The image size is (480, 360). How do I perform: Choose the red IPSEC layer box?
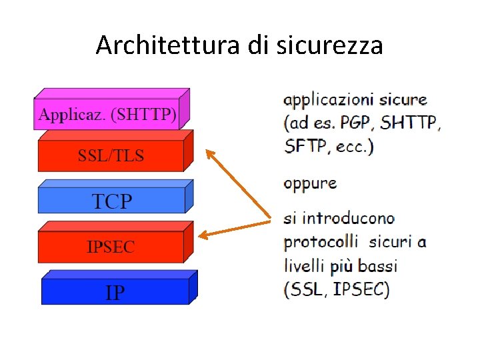pyautogui.click(x=111, y=247)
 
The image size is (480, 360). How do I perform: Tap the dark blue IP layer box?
pyautogui.click(x=115, y=291)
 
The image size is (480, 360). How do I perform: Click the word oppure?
pyautogui.click(x=310, y=183)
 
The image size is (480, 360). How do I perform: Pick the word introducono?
pyautogui.click(x=347, y=218)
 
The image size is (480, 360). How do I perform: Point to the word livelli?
pyautogui.click(x=304, y=265)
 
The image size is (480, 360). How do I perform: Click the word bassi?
pyautogui.click(x=377, y=265)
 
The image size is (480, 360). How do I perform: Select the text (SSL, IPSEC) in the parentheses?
pyautogui.click(x=336, y=289)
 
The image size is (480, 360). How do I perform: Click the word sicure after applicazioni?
pyautogui.click(x=403, y=100)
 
